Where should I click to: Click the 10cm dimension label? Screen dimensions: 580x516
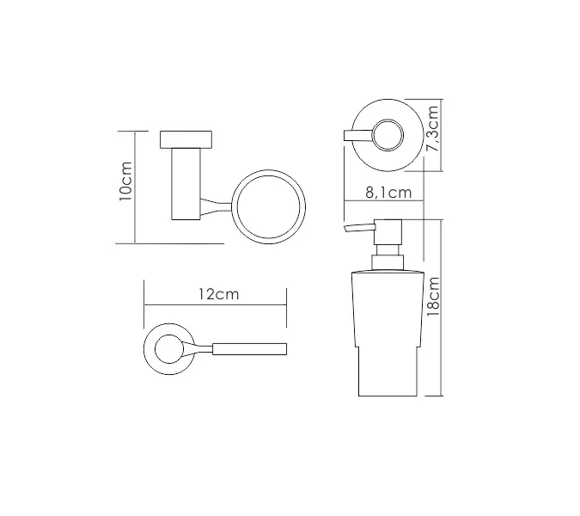tap(126, 181)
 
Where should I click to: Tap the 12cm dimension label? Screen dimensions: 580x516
tap(218, 294)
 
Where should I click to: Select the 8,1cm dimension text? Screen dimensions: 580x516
tap(388, 193)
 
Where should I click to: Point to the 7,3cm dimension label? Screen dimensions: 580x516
tap(432, 128)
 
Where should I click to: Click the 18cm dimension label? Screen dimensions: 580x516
tap(433, 297)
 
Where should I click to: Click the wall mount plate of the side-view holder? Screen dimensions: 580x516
tap(186, 139)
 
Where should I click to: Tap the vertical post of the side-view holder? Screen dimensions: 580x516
tap(186, 184)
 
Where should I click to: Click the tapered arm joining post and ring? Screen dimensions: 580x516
tap(216, 207)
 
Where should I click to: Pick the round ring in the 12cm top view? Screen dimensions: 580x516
tap(144, 349)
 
